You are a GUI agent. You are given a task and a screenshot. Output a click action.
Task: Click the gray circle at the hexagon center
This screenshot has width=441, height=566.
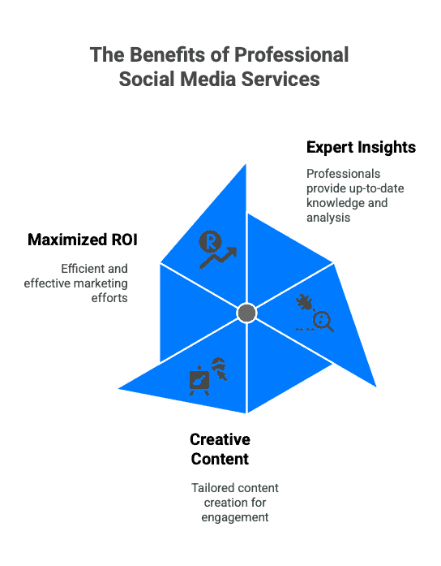[x=246, y=313]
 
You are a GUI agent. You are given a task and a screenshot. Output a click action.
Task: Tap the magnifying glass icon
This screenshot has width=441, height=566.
[x=323, y=322]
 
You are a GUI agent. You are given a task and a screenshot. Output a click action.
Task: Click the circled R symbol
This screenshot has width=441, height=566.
[x=211, y=241]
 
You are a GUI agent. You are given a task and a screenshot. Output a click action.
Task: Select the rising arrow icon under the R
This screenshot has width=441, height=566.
[x=218, y=257]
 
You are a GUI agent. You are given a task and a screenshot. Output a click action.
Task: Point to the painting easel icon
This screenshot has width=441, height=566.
[x=199, y=381]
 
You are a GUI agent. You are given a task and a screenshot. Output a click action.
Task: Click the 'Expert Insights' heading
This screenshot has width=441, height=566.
[x=361, y=147]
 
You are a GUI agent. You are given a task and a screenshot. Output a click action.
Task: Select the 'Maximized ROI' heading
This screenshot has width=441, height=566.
[x=83, y=240]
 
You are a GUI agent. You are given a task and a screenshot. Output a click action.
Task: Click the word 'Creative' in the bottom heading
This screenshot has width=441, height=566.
[x=220, y=439]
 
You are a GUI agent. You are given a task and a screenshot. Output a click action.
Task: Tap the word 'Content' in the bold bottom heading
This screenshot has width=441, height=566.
[x=220, y=459]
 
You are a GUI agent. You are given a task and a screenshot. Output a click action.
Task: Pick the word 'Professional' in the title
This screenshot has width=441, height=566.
[x=292, y=54]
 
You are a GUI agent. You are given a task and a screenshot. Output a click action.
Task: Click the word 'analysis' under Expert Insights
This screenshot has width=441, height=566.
[x=328, y=218]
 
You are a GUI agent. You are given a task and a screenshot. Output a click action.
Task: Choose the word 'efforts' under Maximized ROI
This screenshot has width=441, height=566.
[x=109, y=298]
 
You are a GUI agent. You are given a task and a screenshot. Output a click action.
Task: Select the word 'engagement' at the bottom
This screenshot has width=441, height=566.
[x=235, y=517]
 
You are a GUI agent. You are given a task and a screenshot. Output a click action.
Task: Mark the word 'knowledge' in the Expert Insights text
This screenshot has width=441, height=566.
[x=331, y=203]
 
